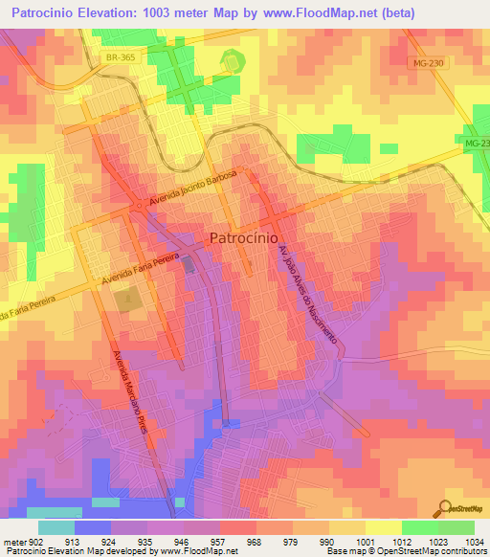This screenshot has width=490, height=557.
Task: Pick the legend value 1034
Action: click(473, 541)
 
